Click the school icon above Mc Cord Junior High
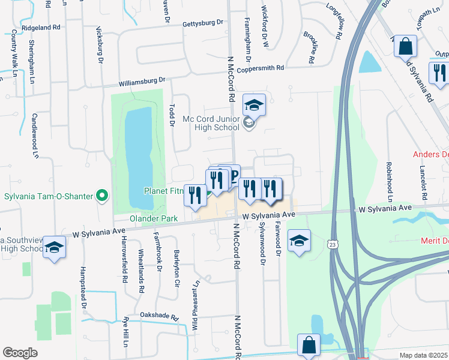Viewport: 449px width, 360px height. pyautogui.click(x=254, y=105)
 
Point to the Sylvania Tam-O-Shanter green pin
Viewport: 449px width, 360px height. pyautogui.click(x=103, y=195)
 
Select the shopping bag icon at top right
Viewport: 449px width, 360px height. pyautogui.click(x=405, y=46)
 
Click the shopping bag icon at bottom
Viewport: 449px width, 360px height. pyautogui.click(x=309, y=346)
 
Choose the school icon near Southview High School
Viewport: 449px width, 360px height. pyautogui.click(x=54, y=247)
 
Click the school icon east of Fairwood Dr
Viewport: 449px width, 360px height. pyautogui.click(x=299, y=241)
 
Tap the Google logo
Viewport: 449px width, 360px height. pyautogui.click(x=20, y=353)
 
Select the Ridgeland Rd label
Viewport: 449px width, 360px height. pyautogui.click(x=41, y=28)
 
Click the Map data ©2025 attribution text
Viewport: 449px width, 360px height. pyautogui.click(x=424, y=355)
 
